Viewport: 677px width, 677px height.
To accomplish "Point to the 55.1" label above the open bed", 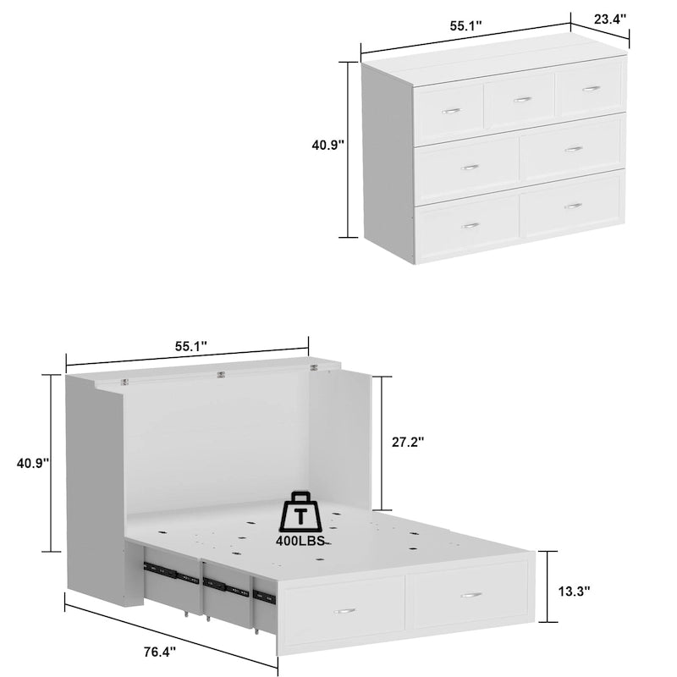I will [191, 346].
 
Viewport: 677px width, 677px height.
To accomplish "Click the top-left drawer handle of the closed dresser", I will [451, 110].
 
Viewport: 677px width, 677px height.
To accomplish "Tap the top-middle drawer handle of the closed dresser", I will [522, 99].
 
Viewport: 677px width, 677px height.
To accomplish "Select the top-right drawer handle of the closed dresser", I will [592, 88].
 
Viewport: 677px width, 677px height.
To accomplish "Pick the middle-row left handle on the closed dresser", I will [470, 168].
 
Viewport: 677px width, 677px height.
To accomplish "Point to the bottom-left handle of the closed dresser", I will [470, 225].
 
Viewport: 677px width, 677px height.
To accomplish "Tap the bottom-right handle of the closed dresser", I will [573, 206].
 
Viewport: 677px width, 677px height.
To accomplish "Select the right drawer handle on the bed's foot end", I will [471, 594].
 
